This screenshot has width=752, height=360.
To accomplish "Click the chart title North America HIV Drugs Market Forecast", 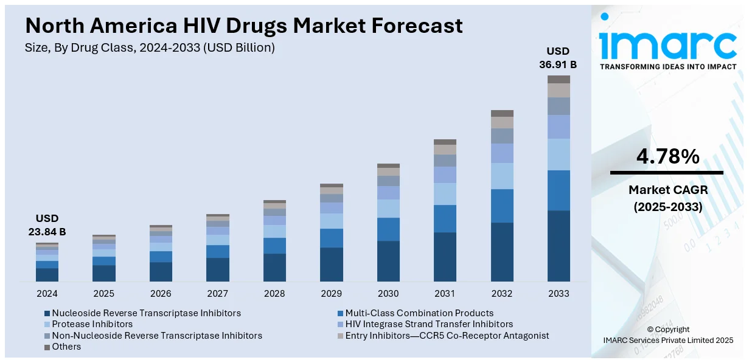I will (244, 26).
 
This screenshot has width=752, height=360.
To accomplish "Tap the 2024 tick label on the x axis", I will (47, 294).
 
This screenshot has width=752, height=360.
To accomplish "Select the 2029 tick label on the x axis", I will (332, 294).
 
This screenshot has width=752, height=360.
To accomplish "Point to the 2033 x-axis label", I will (559, 294).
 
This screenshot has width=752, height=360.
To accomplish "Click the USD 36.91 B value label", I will (558, 57).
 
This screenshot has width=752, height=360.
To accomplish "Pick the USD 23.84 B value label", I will (47, 225).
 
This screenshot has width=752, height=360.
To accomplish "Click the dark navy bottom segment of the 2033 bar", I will (559, 246).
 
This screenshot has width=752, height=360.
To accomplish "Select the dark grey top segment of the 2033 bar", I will (559, 79).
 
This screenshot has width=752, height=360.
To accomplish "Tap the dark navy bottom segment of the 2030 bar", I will (388, 261).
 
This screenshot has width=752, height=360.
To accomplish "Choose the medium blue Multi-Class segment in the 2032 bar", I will (502, 206).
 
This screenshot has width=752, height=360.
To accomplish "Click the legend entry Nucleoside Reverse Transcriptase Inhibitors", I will (142, 313).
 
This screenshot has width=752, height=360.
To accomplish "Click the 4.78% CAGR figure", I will (667, 157).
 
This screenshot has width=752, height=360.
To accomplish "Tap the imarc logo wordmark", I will (667, 43).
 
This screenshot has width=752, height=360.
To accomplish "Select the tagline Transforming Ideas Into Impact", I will (668, 66).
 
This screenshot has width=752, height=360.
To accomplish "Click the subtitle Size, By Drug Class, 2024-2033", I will (150, 47).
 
